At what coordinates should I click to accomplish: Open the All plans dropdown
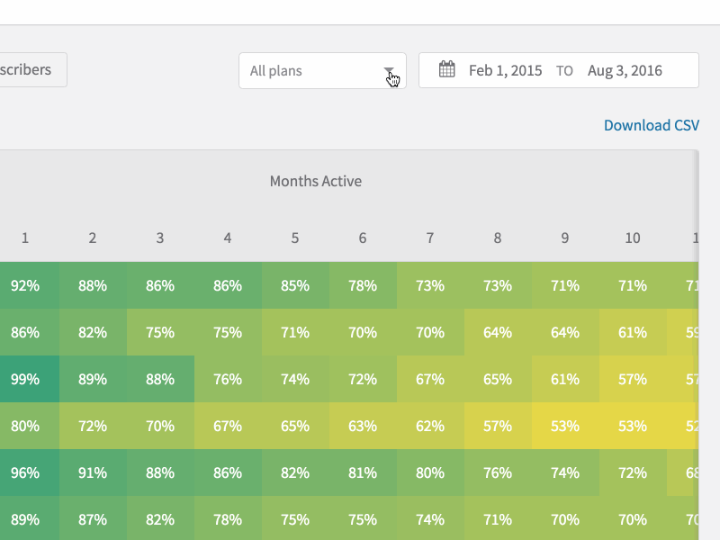(321, 71)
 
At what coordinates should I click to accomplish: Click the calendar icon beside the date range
(446, 70)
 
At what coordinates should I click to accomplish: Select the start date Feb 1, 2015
(505, 71)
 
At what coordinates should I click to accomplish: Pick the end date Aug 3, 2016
(625, 71)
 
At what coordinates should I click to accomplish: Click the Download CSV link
(651, 125)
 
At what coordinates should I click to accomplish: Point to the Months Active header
(316, 181)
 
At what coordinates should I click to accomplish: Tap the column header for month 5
(295, 238)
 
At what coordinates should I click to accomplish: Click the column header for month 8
(498, 238)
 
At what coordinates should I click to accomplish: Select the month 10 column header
(633, 238)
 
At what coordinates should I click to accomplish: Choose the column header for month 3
(160, 238)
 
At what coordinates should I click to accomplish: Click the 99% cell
(25, 379)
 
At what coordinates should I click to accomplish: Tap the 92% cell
(25, 285)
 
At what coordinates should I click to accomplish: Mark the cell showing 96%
(25, 472)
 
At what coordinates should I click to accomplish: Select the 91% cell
(93, 472)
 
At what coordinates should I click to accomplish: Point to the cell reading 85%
(295, 285)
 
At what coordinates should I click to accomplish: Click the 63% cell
(363, 426)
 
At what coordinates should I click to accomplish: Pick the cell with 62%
(430, 426)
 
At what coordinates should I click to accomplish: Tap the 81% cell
(363, 472)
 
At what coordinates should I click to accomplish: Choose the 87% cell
(93, 519)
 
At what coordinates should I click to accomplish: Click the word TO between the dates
(564, 71)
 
